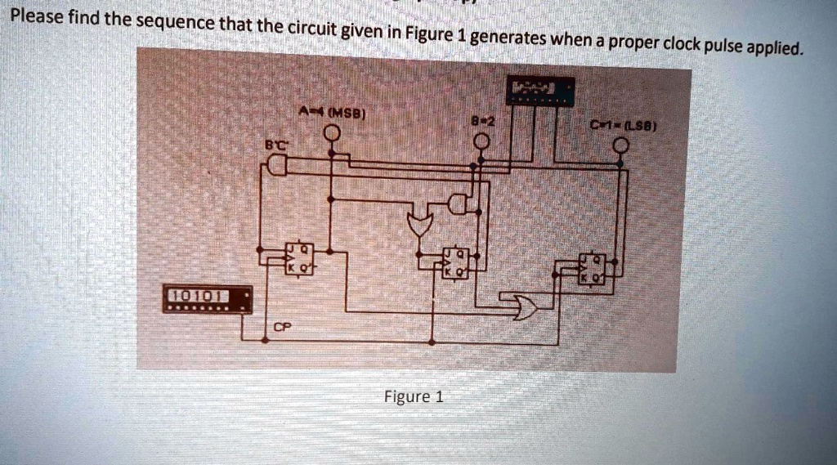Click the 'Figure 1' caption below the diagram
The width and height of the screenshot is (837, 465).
(414, 397)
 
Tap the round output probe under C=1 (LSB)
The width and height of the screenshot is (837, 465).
(621, 146)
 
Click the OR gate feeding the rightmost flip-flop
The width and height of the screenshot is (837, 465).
(521, 306)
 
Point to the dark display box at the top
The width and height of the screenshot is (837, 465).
(540, 92)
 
